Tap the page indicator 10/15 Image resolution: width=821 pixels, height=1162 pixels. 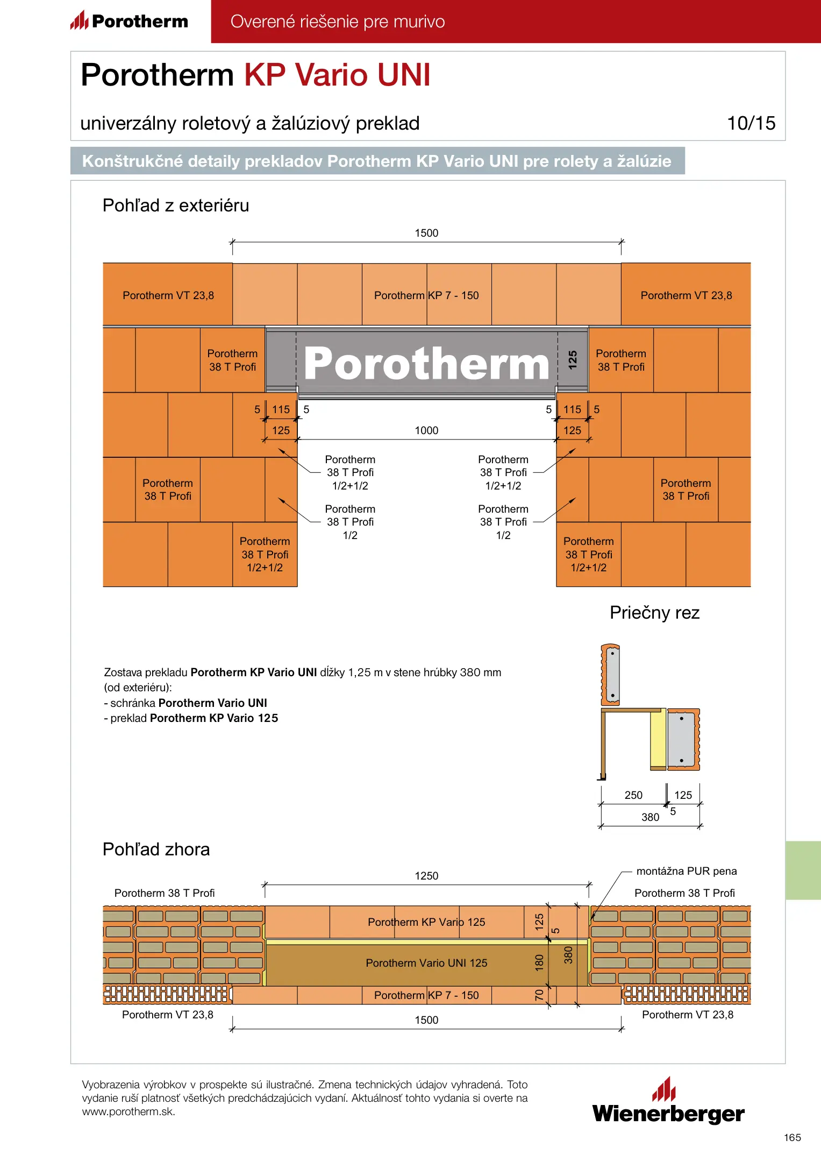tap(751, 123)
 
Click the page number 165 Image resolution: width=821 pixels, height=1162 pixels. tap(792, 1137)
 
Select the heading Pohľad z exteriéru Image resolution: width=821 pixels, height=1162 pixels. tap(176, 206)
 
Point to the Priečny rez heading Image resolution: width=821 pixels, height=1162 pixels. tap(654, 613)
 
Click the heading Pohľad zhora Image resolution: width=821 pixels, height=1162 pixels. tap(156, 849)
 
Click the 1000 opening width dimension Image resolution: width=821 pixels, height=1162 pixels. tap(426, 430)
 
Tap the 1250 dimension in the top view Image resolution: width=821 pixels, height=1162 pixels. tap(426, 876)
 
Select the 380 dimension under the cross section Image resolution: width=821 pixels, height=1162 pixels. tap(650, 817)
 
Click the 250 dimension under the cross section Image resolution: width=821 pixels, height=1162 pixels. tap(633, 795)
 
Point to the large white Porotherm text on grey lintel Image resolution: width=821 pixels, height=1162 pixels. tap(426, 364)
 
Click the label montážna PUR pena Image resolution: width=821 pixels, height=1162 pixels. tap(687, 871)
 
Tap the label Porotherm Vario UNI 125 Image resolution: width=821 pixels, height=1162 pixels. tap(426, 963)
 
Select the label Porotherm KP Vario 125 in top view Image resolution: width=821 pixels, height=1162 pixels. tap(426, 922)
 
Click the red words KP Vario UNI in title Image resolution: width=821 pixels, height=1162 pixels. tap(338, 75)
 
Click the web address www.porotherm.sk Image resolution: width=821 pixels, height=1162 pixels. tap(128, 1112)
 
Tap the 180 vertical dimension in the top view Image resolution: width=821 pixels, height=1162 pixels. tap(539, 963)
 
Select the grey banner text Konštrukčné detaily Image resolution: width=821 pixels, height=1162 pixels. tap(376, 161)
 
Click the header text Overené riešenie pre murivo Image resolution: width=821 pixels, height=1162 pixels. tap(338, 22)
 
